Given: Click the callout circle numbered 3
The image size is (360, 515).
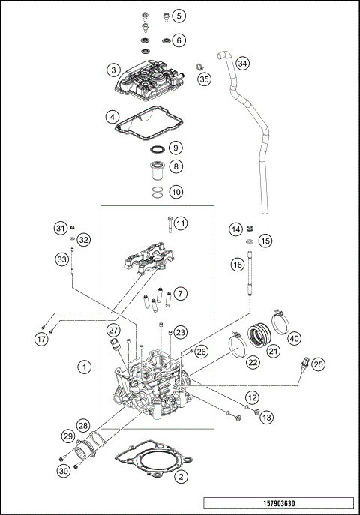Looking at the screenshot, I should (x=113, y=70).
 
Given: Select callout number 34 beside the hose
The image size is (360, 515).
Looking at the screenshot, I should (x=241, y=64).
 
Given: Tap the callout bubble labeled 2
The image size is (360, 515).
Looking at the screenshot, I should (x=179, y=475).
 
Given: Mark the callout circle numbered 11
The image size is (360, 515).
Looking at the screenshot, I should (x=180, y=223).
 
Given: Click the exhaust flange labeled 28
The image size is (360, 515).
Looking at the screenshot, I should (x=96, y=448).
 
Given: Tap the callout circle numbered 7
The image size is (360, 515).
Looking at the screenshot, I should (x=180, y=292).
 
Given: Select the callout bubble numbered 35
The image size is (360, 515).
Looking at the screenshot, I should (x=205, y=79).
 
